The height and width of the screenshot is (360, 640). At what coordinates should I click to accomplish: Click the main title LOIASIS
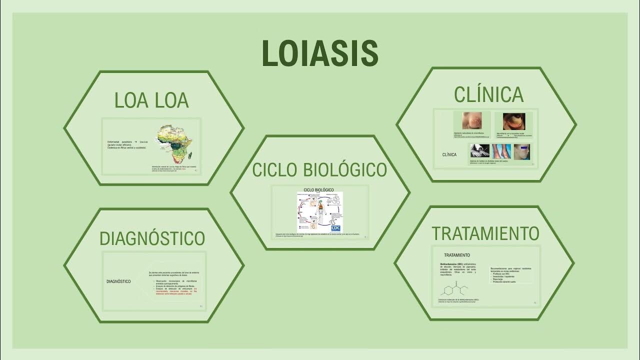click(x=320, y=53)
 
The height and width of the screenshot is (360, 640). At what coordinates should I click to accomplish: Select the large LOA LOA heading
click(x=151, y=100)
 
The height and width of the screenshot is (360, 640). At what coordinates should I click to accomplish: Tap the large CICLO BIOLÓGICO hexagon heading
click(x=319, y=170)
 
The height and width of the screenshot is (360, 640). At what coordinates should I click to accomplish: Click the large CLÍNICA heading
click(x=488, y=95)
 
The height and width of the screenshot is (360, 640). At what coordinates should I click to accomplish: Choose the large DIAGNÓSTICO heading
click(x=152, y=238)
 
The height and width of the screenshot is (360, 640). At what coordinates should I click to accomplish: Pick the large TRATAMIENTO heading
click(x=485, y=233)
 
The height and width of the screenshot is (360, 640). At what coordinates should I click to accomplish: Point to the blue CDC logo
click(x=335, y=226)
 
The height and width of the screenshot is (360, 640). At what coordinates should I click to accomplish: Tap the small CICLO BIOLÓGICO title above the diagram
click(x=318, y=190)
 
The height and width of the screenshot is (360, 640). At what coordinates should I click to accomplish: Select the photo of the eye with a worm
click(x=513, y=121)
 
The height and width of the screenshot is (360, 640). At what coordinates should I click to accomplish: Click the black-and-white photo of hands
click(x=479, y=151)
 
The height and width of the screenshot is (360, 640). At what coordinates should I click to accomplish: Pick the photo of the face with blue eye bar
click(x=521, y=151)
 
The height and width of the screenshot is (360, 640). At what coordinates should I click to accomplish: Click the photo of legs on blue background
click(x=501, y=151)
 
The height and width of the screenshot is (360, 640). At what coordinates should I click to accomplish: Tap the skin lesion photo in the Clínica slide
click(x=472, y=121)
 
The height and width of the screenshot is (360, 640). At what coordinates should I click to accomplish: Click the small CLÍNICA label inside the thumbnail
click(x=449, y=155)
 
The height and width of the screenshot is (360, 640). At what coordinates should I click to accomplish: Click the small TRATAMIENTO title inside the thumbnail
click(x=456, y=255)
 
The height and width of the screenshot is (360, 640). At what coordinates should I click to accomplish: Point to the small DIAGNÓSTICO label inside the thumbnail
click(x=118, y=281)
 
